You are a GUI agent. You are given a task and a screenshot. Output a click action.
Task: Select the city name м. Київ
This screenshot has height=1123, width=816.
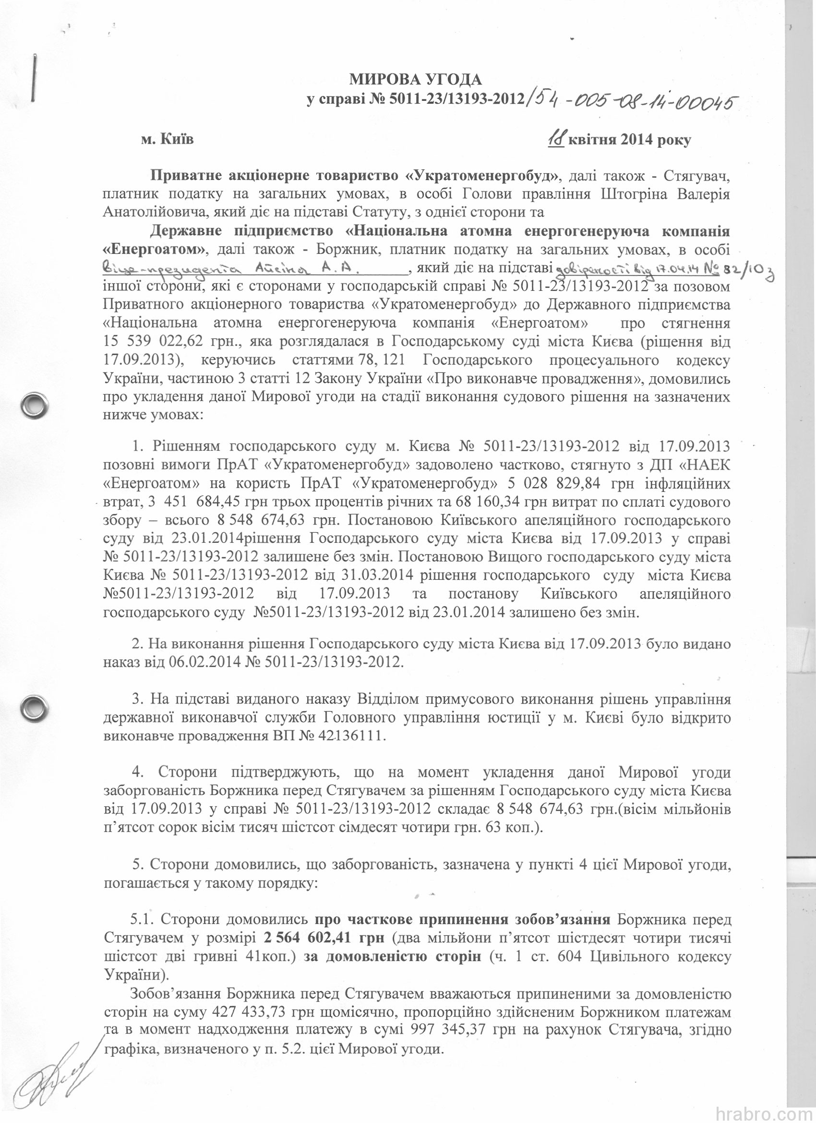(x=168, y=140)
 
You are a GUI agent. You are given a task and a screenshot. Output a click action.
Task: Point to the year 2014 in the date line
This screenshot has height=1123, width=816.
(x=635, y=140)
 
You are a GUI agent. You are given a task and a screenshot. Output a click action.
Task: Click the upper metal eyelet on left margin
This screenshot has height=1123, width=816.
(x=34, y=404)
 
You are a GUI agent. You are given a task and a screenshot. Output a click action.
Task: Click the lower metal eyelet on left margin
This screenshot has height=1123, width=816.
(x=34, y=703)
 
